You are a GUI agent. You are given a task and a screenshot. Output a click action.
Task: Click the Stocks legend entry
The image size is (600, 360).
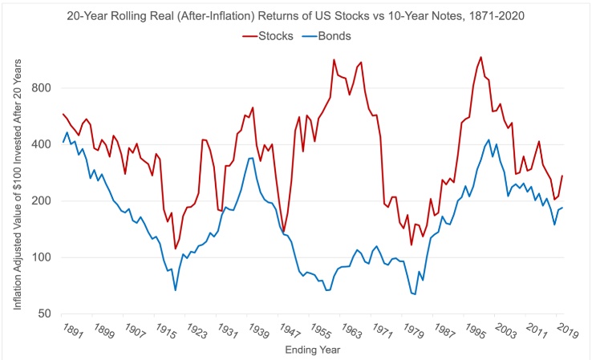(x=275, y=34)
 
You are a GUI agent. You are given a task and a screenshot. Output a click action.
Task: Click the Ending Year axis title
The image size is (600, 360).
(x=313, y=350)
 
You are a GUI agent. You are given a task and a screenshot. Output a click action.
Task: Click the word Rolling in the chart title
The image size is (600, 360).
(x=176, y=14)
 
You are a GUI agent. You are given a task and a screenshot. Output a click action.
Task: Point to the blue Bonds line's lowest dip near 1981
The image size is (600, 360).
(x=415, y=294)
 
